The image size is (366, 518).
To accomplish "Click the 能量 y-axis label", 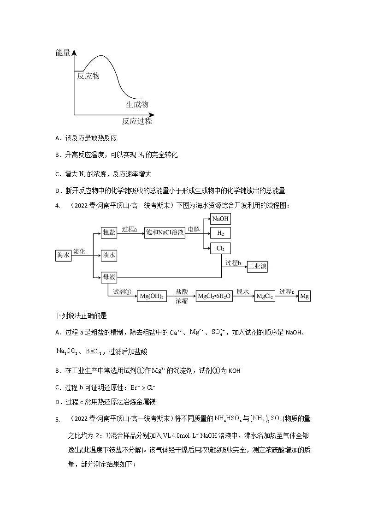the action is pyautogui.click(x=63, y=53).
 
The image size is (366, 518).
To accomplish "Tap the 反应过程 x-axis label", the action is pyautogui.click(x=137, y=122).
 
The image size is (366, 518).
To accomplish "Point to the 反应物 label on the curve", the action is pyautogui.click(x=88, y=76).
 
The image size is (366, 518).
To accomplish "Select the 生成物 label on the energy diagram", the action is pyautogui.click(x=137, y=104).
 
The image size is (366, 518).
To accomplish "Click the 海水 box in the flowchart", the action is pyautogui.click(x=63, y=255).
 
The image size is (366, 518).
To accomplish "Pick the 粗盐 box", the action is pyautogui.click(x=109, y=233).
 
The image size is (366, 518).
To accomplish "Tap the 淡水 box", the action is pyautogui.click(x=109, y=255).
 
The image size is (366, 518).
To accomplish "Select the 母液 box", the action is pyautogui.click(x=109, y=277).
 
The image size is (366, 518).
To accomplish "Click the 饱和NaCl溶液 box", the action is pyautogui.click(x=165, y=233).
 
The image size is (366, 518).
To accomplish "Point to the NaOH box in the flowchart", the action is pyautogui.click(x=220, y=219).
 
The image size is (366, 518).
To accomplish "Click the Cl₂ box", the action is pyautogui.click(x=220, y=248).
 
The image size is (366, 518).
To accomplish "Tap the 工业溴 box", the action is pyautogui.click(x=257, y=267).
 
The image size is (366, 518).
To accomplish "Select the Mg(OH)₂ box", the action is pyautogui.click(x=151, y=297).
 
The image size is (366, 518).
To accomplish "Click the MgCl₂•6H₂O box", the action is pyautogui.click(x=214, y=297).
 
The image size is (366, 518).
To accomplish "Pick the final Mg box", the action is pyautogui.click(x=304, y=297).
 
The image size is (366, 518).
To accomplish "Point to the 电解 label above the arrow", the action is pyautogui.click(x=194, y=229).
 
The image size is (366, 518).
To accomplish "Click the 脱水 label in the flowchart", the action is pyautogui.click(x=243, y=292).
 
